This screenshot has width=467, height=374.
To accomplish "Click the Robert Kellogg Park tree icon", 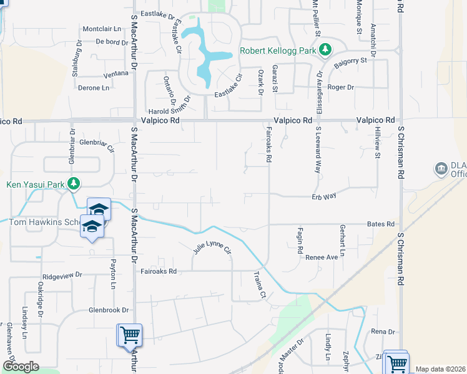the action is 325,49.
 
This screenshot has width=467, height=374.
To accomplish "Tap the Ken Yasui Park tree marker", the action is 74,183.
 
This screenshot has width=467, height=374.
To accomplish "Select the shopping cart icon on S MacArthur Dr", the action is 130,335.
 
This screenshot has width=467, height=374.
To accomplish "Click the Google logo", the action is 21,367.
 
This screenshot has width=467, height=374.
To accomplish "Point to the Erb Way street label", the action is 324,196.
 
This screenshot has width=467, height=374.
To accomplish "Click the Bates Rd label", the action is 381,224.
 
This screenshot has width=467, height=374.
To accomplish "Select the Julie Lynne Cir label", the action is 212,250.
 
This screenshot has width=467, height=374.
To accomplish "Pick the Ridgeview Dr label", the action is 62,275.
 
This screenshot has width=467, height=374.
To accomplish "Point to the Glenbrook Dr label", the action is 108,310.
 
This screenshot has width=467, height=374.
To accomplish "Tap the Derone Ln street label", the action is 94,88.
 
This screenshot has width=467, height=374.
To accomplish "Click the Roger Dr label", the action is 341,87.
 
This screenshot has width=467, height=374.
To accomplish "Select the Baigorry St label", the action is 350,61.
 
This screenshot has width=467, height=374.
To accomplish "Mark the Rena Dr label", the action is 383,332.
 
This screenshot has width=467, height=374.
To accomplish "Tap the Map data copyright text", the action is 440,369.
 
